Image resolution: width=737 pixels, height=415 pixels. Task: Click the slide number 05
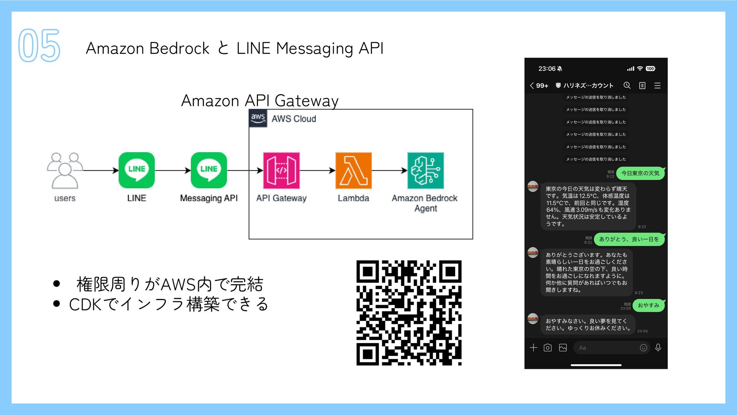(x=39, y=45)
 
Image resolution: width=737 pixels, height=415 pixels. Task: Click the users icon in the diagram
(x=64, y=170)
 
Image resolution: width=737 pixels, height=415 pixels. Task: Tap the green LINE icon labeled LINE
(x=137, y=170)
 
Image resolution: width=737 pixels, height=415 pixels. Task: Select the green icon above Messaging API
(x=209, y=170)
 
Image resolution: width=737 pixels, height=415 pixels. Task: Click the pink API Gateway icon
(x=281, y=170)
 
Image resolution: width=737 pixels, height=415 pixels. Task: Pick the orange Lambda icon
(x=354, y=170)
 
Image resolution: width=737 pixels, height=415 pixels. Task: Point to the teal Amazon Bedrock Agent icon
(x=425, y=170)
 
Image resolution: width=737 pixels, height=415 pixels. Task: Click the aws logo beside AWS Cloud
(x=258, y=118)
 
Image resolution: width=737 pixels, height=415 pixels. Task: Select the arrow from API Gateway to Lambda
(x=317, y=170)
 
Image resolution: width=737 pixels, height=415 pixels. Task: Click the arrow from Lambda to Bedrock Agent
(x=390, y=170)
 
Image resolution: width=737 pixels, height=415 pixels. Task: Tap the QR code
(x=409, y=313)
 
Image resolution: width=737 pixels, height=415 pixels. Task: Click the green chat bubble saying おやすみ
(x=648, y=305)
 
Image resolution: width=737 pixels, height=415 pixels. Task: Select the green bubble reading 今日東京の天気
(x=640, y=173)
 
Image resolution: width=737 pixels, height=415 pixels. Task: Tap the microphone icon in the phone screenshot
(x=658, y=348)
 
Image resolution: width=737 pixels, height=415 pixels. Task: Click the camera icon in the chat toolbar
(x=548, y=348)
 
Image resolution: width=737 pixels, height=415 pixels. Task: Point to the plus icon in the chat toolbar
(x=533, y=348)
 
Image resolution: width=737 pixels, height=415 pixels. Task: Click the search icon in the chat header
(x=627, y=85)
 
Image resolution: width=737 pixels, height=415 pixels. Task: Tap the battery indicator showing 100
(x=650, y=69)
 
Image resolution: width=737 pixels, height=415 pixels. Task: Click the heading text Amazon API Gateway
(x=260, y=101)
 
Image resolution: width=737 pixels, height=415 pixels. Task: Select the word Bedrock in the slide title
(x=179, y=48)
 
